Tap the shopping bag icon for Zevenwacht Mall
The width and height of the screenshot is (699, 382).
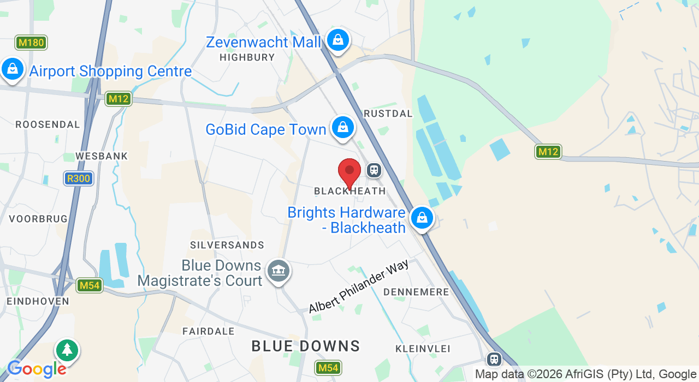(x=338, y=40)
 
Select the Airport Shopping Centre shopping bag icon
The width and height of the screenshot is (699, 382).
(x=12, y=69)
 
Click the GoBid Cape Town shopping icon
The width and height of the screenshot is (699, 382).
(x=342, y=127)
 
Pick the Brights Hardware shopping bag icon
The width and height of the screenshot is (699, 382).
(x=422, y=218)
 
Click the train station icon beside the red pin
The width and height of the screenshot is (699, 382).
(x=374, y=170)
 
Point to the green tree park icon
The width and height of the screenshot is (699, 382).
(x=67, y=350)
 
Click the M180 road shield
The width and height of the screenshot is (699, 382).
(x=31, y=43)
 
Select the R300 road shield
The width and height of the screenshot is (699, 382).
(x=79, y=178)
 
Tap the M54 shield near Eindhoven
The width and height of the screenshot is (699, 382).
(x=90, y=285)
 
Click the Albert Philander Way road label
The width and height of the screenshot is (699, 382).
(x=358, y=287)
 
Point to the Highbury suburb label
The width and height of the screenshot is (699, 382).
(x=247, y=57)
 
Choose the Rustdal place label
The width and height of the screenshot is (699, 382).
(x=388, y=114)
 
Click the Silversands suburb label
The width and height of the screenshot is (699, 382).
(x=227, y=246)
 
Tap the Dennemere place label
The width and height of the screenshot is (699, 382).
(x=416, y=293)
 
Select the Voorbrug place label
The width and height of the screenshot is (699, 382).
(x=38, y=219)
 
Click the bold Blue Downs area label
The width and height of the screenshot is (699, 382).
(x=306, y=346)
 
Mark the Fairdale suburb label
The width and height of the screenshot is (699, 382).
(x=209, y=331)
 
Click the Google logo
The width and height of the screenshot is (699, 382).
(x=36, y=369)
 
